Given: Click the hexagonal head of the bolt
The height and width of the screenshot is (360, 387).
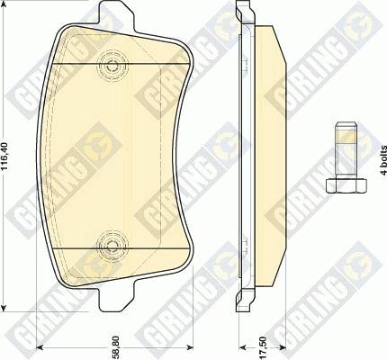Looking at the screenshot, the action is coord(346,185).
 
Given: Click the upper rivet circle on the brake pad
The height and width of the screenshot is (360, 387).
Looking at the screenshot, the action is coord(112,65).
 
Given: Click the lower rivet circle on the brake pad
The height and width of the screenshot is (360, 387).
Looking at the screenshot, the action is coord(112,246).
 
